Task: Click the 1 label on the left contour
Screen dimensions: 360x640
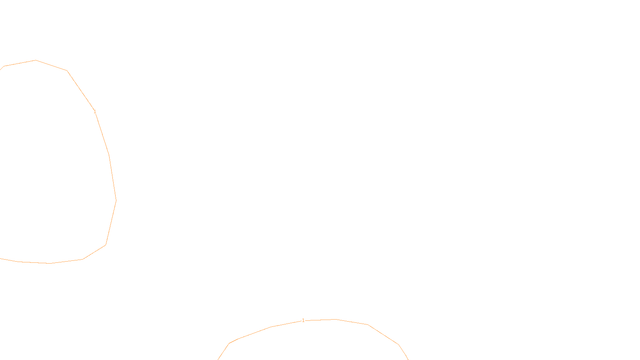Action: [x=95, y=112]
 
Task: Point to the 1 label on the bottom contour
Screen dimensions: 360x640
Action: [x=303, y=320]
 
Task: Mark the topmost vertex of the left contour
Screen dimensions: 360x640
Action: [x=36, y=60]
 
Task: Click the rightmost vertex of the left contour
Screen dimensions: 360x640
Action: [x=116, y=200]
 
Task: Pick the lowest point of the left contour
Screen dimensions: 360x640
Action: [x=50, y=264]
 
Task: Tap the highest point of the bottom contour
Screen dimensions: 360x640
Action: [x=335, y=319]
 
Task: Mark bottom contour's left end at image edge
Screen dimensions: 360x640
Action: [x=218, y=359]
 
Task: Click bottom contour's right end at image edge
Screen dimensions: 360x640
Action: [x=408, y=359]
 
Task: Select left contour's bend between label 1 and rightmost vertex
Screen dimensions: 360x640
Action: [x=109, y=155]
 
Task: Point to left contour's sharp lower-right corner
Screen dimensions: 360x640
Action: [x=106, y=245]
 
